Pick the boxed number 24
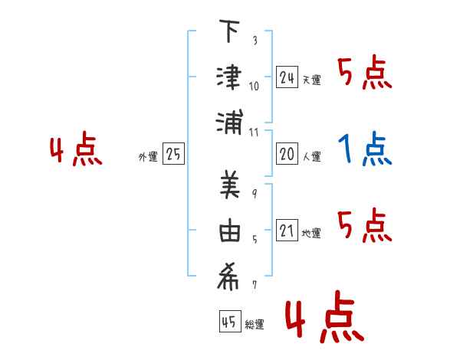pos(287,77)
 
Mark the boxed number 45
pos(228,322)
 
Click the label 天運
pos(311,80)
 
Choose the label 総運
pos(255,325)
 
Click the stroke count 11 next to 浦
pos(254,132)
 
